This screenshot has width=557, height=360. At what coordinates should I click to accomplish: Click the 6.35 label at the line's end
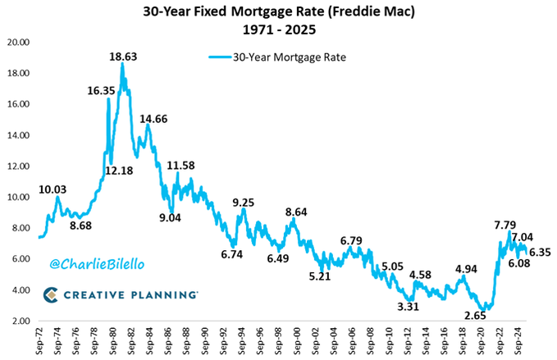coord(539,253)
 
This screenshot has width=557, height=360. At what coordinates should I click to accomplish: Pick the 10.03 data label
coord(54,189)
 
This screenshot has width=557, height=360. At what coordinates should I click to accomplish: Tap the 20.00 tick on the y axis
coord(20,43)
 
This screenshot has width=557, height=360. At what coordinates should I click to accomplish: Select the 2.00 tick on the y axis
coord(21,321)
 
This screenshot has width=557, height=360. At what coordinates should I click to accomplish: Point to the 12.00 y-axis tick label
coord(20,166)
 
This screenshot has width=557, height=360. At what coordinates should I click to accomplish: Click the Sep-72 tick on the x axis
coord(39,341)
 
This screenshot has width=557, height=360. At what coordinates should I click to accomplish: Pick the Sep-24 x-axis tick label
coord(520,341)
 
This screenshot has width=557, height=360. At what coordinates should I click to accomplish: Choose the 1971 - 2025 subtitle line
coord(278,31)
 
